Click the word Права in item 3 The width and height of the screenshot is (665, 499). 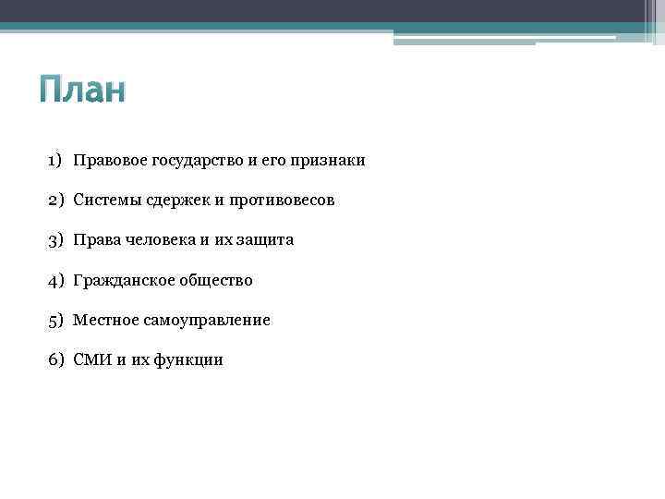(95, 240)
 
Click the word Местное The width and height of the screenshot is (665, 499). (104, 320)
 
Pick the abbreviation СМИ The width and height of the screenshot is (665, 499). (92, 360)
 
